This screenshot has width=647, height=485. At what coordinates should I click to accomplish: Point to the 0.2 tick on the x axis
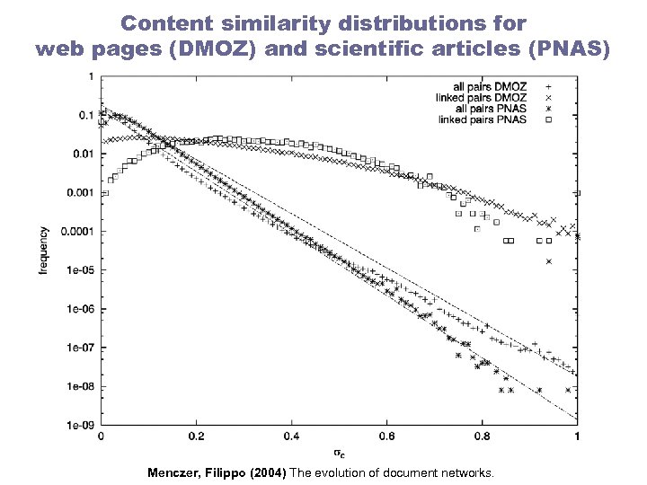click(x=196, y=436)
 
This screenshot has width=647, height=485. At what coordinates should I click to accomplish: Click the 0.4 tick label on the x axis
click(x=291, y=436)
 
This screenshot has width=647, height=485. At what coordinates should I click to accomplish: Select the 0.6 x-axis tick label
click(x=386, y=436)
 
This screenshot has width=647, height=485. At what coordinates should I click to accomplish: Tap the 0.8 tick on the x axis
click(x=482, y=436)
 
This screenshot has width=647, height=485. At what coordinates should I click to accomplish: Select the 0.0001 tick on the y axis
click(x=75, y=231)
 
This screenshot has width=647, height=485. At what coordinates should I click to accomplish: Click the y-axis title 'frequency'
click(x=43, y=251)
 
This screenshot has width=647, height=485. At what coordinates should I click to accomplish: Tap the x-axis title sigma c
click(x=339, y=453)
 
